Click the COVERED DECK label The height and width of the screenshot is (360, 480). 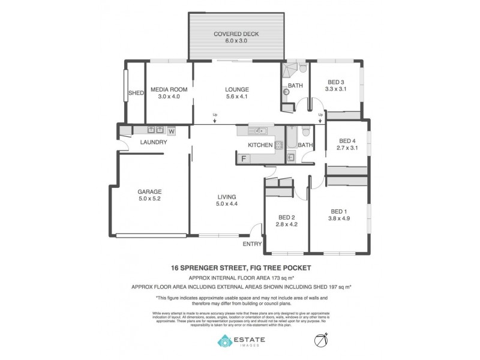point(236,34)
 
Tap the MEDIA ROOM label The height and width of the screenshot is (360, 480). point(169,89)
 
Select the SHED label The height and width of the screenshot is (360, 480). point(136,93)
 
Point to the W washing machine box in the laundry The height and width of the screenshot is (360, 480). point(171,130)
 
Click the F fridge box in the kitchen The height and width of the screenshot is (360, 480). point(244,158)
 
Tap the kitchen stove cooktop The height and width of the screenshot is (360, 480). point(279,145)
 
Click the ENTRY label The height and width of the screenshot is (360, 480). point(252,244)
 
